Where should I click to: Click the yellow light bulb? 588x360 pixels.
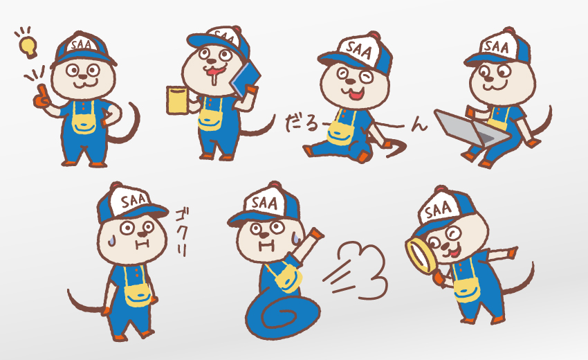[x=28, y=46]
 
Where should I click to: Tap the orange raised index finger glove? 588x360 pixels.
[x=42, y=97]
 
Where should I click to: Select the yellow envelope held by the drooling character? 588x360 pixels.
[x=177, y=100]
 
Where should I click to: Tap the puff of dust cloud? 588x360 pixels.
[x=363, y=269]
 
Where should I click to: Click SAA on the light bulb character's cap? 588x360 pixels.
[x=81, y=45]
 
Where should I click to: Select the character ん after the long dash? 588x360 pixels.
[x=419, y=125]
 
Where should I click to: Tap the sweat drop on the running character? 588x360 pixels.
[x=296, y=238]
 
